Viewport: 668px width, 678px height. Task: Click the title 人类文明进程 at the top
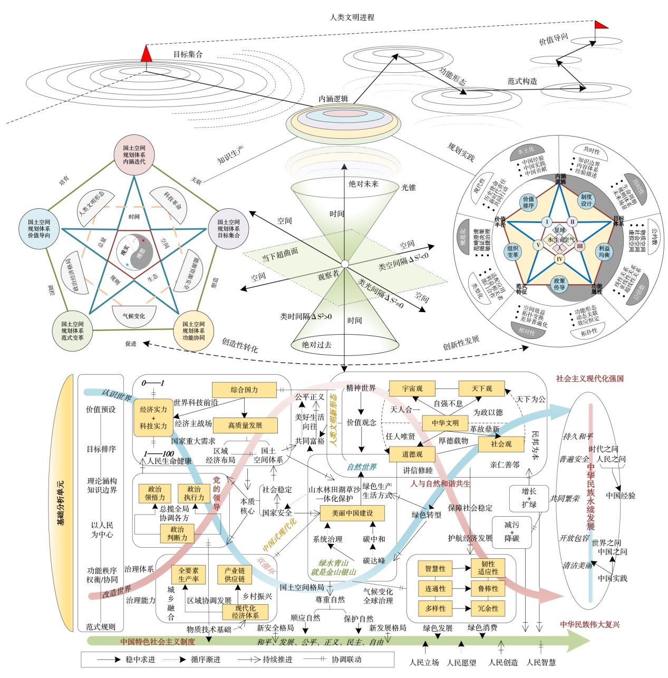click(352, 17)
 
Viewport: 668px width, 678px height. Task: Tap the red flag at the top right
click(601, 24)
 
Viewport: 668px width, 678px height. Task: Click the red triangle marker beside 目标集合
click(147, 53)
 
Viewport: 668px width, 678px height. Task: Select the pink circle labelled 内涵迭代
click(134, 155)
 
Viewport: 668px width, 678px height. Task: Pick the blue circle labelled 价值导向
click(39, 229)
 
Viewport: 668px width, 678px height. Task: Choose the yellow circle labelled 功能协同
click(193, 331)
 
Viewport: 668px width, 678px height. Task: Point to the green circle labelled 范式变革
click(72, 331)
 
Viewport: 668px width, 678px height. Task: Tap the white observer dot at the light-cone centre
click(344, 264)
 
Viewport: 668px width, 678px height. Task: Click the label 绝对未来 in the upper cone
click(363, 184)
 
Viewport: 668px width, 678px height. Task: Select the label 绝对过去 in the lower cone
click(316, 345)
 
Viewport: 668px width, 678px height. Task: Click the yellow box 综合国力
click(244, 390)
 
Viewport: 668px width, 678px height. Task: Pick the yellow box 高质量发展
click(245, 425)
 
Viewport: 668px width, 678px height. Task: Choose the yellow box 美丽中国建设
click(352, 513)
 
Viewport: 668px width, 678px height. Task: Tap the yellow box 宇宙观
click(412, 389)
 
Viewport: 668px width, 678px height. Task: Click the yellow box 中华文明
click(445, 423)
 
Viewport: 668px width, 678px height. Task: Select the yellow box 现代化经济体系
click(245, 612)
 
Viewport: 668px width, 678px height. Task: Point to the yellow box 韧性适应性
click(488, 568)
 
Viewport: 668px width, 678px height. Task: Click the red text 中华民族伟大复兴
click(589, 625)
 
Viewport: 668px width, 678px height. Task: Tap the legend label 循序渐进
click(206, 660)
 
